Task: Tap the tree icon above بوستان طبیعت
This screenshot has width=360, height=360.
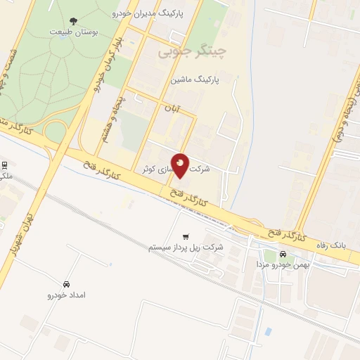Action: pyautogui.click(x=75, y=22)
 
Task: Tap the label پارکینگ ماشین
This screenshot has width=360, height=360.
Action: pyautogui.click(x=194, y=79)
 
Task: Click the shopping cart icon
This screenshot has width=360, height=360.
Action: pyautogui.click(x=186, y=236)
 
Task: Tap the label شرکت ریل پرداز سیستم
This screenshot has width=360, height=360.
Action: pyautogui.click(x=186, y=247)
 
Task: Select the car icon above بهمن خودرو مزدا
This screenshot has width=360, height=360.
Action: pyautogui.click(x=283, y=254)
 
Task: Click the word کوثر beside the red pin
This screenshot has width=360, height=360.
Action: pyautogui.click(x=148, y=169)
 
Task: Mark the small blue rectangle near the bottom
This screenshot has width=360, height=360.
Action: pyautogui.click(x=268, y=331)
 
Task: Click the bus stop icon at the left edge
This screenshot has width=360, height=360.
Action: pyautogui.click(x=4, y=166)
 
